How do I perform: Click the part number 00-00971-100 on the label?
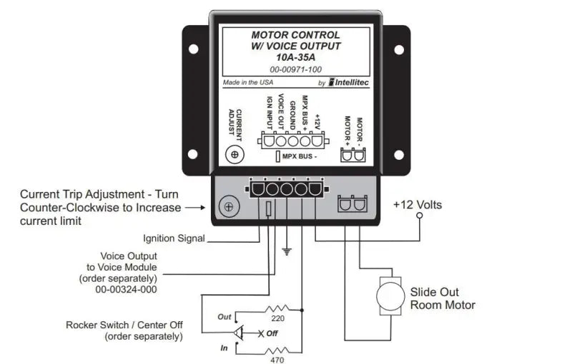coord(295,69)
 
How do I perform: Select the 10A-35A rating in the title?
coord(296,57)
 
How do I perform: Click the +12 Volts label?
coord(418,205)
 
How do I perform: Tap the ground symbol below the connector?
coord(287,251)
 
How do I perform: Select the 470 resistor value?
coord(276,360)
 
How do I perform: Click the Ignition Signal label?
coord(174,238)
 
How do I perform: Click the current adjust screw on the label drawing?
coord(235,153)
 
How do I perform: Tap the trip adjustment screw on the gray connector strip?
coord(227,206)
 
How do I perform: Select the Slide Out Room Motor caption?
coord(443,298)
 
